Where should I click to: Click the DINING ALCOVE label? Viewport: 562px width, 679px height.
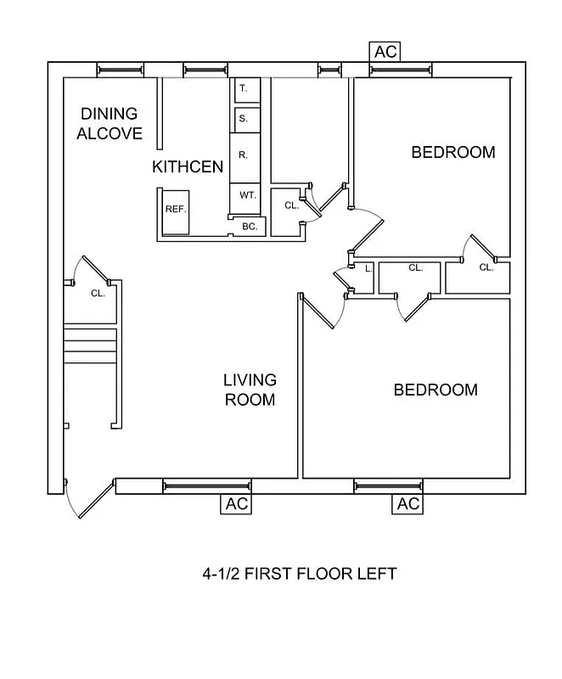pyautogui.click(x=109, y=124)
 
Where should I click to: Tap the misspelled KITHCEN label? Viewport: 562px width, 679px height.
pyautogui.click(x=188, y=166)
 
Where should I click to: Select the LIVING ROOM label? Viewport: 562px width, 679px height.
pyautogui.click(x=250, y=390)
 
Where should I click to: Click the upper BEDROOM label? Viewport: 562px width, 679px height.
pyautogui.click(x=453, y=153)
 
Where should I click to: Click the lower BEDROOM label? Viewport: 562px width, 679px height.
pyautogui.click(x=436, y=390)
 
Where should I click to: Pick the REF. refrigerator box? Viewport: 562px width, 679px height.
pyautogui.click(x=175, y=209)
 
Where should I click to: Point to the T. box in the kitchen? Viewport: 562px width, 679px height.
pyautogui.click(x=244, y=89)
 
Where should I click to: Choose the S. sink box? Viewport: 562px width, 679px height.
pyautogui.click(x=244, y=119)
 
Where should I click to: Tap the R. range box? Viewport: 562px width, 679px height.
pyautogui.click(x=244, y=155)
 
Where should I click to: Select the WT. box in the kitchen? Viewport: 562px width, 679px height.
pyautogui.click(x=247, y=195)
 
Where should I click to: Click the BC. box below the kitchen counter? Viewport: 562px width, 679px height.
pyautogui.click(x=250, y=227)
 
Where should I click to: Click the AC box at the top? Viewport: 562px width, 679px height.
pyautogui.click(x=385, y=52)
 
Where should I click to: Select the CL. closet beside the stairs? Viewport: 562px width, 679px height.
pyautogui.click(x=98, y=294)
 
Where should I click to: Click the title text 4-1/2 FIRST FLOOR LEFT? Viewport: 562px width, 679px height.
pyautogui.click(x=299, y=575)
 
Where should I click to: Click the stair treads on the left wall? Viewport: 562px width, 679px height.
pyautogui.click(x=89, y=345)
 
